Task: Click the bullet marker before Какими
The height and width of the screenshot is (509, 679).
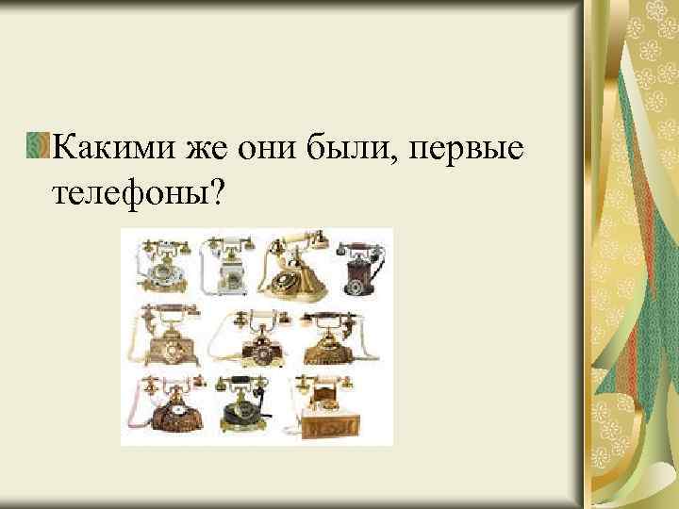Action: [x=40, y=147]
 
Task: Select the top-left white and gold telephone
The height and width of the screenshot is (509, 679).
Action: [x=161, y=265]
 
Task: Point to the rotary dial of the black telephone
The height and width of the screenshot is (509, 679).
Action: [x=243, y=412]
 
